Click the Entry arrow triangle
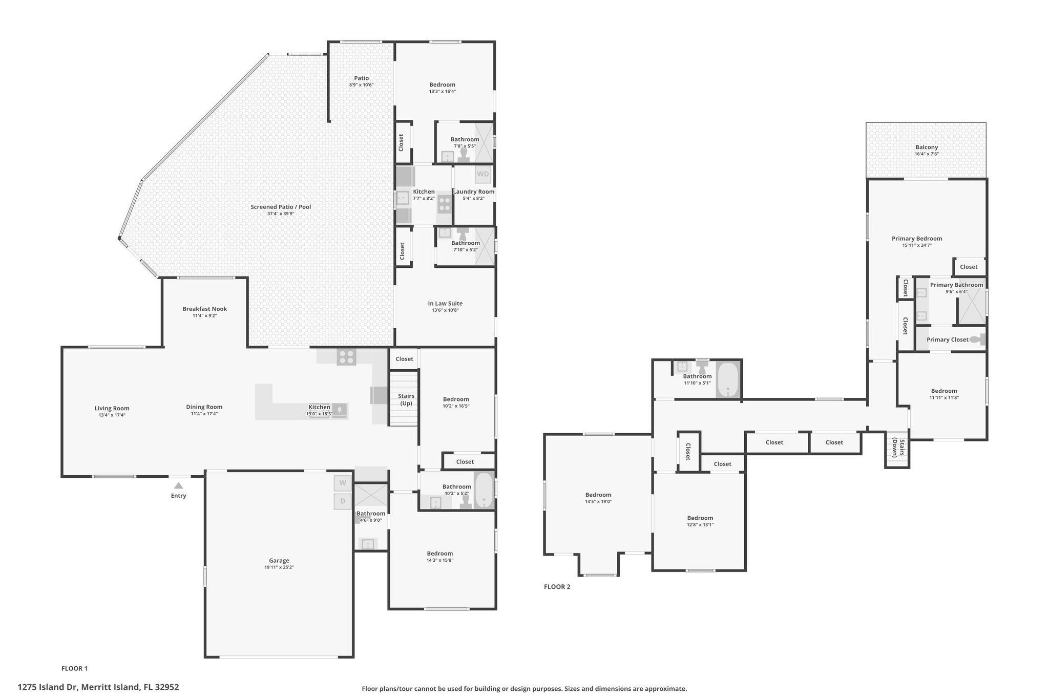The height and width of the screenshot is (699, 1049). point(178,485)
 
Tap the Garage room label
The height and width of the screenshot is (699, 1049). point(279,560)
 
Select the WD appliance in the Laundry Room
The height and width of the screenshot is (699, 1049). point(483,174)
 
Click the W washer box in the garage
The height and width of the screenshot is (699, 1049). point(343,483)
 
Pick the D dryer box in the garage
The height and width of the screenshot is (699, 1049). point(343,501)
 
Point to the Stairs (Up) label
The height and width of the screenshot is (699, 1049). point(406,399)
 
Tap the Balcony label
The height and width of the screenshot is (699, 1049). point(927,147)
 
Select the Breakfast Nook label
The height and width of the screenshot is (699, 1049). point(205,309)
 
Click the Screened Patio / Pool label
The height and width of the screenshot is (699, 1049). point(281,207)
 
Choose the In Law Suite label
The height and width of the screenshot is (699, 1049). point(445,303)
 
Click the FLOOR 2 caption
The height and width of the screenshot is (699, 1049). point(557,587)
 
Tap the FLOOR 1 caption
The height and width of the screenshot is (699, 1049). point(74,668)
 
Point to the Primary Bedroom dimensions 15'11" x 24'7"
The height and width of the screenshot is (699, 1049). point(917,245)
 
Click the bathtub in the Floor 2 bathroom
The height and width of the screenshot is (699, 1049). point(727,379)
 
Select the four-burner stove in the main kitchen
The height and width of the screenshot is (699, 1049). point(346,356)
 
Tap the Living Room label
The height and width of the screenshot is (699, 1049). point(112,408)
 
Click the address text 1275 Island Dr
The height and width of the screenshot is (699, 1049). point(48,687)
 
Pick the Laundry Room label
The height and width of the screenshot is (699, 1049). point(474,192)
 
